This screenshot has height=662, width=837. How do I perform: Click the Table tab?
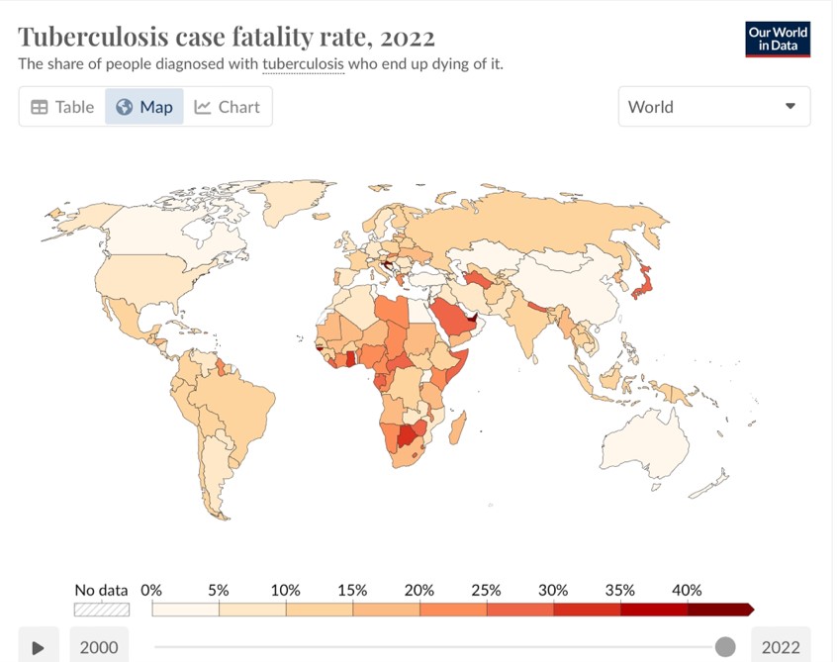62,107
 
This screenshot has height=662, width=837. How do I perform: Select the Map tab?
144,107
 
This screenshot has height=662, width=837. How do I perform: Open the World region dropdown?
713,107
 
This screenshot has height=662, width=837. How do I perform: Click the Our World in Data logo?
778,39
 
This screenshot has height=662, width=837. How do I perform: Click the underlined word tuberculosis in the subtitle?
303,64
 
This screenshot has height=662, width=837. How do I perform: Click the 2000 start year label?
99,648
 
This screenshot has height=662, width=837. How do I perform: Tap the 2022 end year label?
781,648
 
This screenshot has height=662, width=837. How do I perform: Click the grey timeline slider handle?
725,647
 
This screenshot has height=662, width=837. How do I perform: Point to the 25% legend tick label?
486,590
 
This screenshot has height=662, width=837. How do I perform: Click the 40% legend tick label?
687,590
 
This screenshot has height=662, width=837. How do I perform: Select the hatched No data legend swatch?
102,610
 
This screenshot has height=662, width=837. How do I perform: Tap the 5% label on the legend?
219,590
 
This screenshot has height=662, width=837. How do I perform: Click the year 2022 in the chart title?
408,38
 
